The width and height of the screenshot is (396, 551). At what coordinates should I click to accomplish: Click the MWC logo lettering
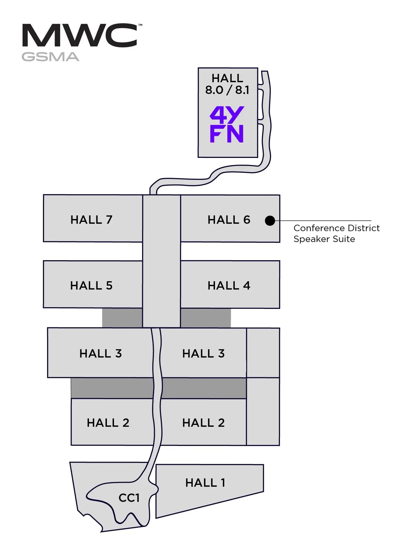pyautogui.click(x=80, y=36)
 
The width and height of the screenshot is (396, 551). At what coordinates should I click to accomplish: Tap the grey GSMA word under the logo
pyautogui.click(x=50, y=57)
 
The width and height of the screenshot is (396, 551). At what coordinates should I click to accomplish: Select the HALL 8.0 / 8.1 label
pyautogui.click(x=227, y=84)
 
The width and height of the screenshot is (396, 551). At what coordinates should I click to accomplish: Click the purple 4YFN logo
pyautogui.click(x=227, y=125)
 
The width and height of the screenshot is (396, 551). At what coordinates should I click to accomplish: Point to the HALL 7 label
pyautogui.click(x=91, y=220)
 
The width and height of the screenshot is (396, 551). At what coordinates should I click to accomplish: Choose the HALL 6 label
pyautogui.click(x=229, y=220)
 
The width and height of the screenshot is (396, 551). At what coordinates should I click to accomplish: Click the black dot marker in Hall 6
pyautogui.click(x=270, y=221)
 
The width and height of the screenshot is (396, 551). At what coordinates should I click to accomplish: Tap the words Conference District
pyautogui.click(x=336, y=228)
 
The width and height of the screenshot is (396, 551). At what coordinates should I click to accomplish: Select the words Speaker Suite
pyautogui.click(x=324, y=239)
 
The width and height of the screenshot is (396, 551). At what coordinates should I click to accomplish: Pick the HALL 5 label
pyautogui.click(x=91, y=286)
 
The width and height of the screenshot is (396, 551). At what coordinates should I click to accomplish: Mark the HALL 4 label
pyautogui.click(x=229, y=286)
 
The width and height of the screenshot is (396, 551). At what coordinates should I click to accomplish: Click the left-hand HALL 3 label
pyautogui.click(x=101, y=354)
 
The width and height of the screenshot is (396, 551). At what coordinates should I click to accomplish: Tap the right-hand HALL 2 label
pyautogui.click(x=203, y=423)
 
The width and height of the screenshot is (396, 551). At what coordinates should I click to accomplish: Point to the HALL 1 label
pyautogui.click(x=205, y=483)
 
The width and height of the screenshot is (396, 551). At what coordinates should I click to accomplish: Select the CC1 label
pyautogui.click(x=129, y=498)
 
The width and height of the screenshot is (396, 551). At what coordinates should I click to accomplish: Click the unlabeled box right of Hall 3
pyautogui.click(x=263, y=353)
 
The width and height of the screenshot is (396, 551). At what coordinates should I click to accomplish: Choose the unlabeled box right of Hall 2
pyautogui.click(x=263, y=411)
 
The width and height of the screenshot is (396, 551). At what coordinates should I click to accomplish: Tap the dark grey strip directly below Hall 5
pyautogui.click(x=122, y=318)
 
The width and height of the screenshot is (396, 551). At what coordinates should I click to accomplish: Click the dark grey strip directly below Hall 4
pyautogui.click(x=206, y=318)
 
